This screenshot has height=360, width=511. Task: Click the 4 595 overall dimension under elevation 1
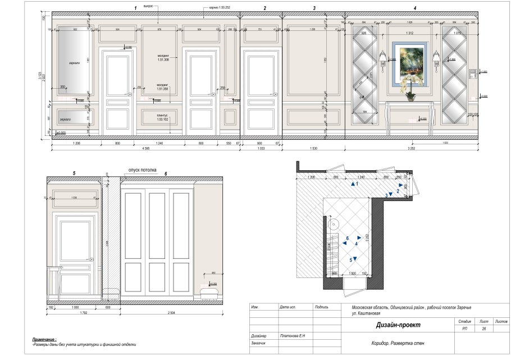click(x=145, y=150)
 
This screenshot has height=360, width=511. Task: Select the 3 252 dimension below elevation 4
click(x=412, y=150)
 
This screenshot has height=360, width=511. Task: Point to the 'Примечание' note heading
click(x=44, y=340)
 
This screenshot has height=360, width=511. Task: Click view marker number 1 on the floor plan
click(x=354, y=184)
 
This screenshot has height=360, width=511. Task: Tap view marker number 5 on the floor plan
click(x=355, y=258)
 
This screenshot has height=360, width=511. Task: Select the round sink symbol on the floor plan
click(x=336, y=224)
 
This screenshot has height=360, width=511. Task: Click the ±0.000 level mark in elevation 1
click(x=58, y=133)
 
